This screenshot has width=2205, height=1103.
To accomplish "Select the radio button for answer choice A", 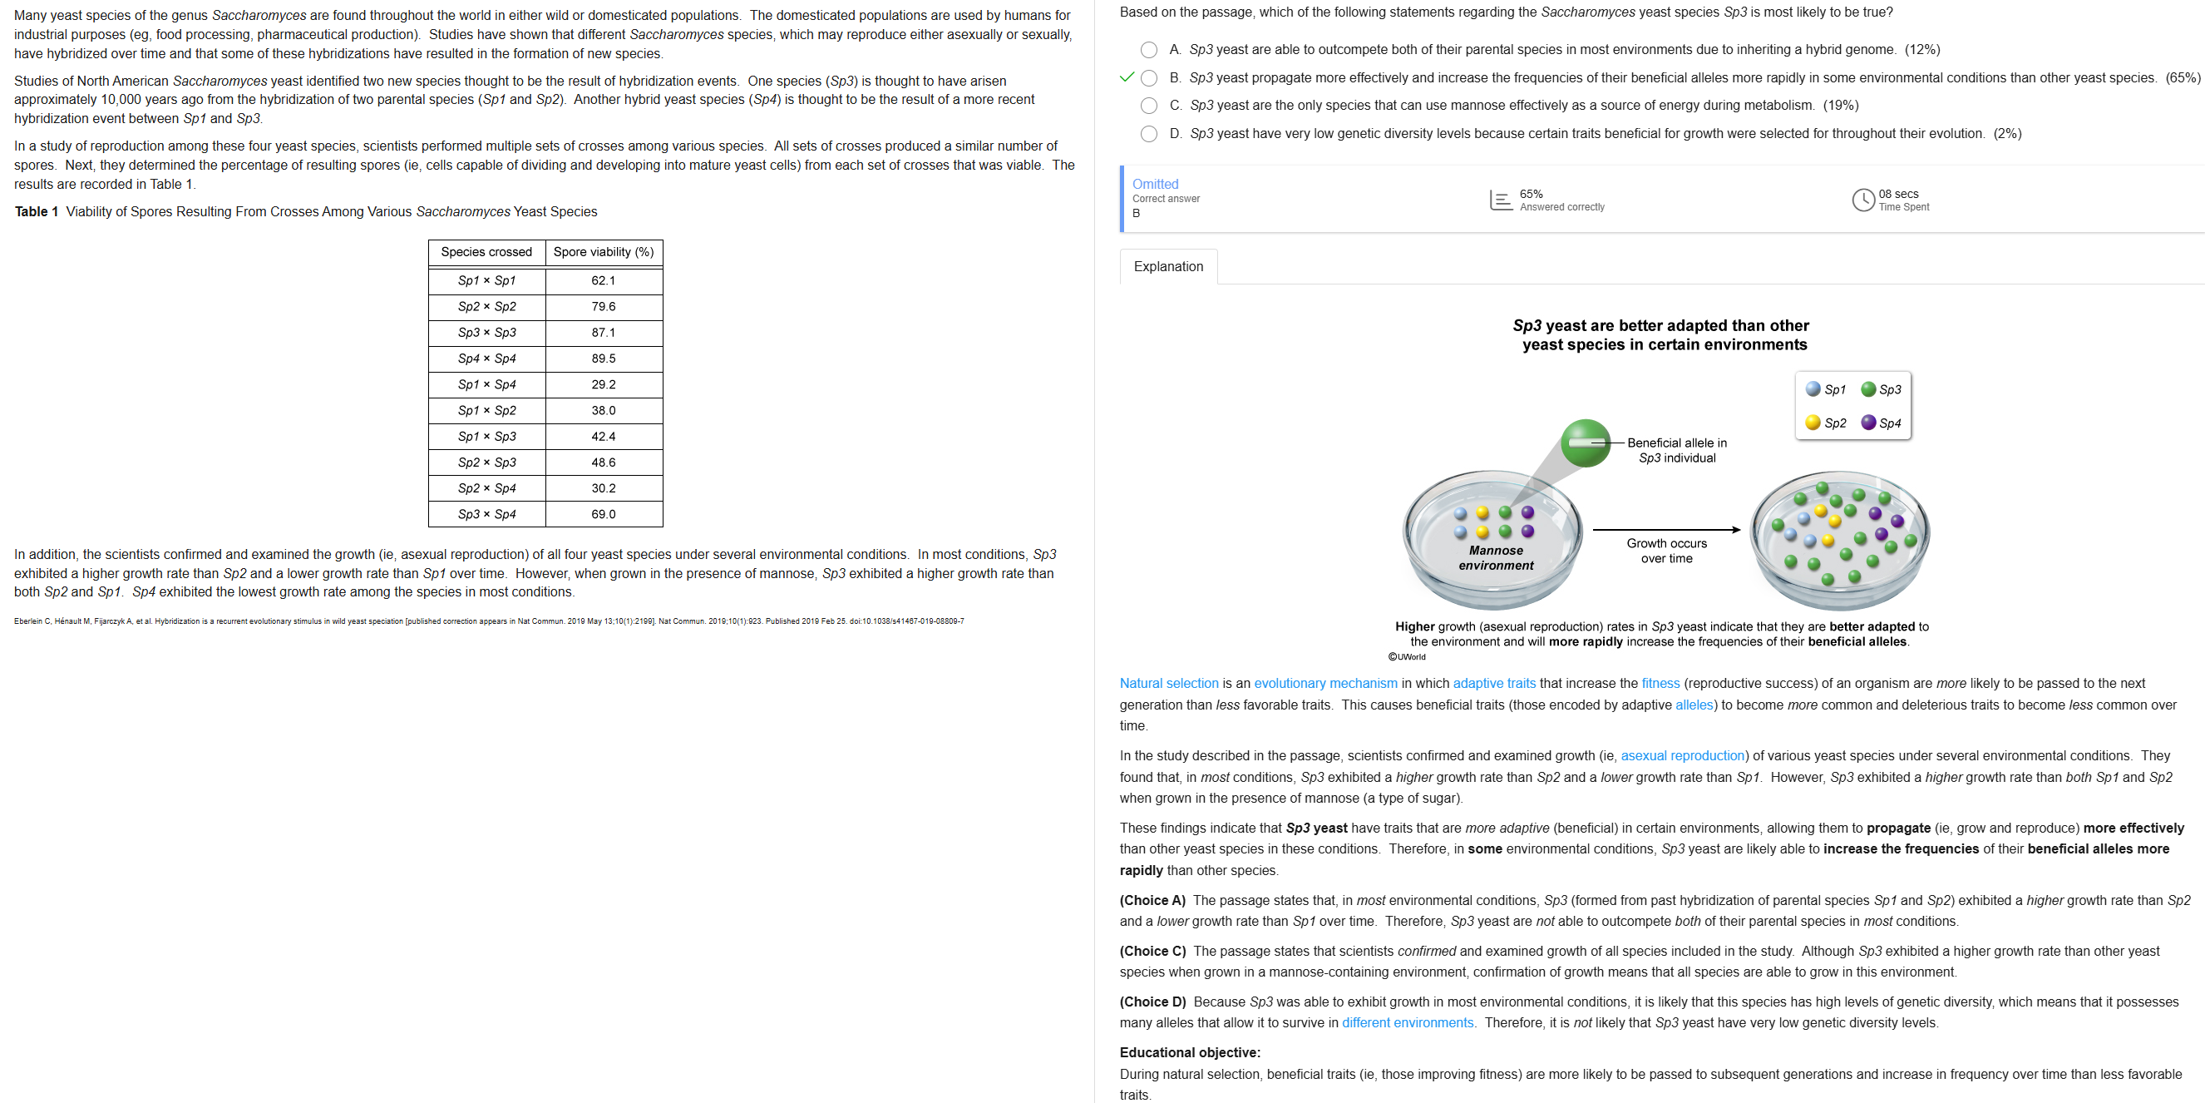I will click(x=1149, y=50).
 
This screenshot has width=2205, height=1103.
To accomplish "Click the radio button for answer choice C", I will click(x=1149, y=106).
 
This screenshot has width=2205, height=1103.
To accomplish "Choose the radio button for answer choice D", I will click(x=1149, y=134).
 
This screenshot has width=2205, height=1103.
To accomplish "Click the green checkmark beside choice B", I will click(x=1127, y=77).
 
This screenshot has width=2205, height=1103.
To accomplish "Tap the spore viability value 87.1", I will click(x=603, y=332).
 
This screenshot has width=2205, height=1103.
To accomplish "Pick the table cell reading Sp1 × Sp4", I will click(x=486, y=384).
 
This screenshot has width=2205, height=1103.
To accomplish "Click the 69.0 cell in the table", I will click(x=603, y=514).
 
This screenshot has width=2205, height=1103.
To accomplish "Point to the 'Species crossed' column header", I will click(x=486, y=252).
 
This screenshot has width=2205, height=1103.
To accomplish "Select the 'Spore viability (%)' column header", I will click(x=603, y=252).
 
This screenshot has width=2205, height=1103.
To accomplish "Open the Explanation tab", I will click(x=1167, y=266).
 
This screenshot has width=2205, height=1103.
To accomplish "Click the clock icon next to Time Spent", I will click(x=1862, y=200).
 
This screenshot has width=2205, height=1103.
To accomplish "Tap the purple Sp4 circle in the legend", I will click(x=1868, y=423).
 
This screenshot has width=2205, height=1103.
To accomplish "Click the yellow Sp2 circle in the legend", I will click(x=1812, y=423).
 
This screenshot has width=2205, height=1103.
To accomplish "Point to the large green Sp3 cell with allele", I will click(x=1586, y=443).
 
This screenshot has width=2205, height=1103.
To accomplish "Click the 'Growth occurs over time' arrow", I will click(x=1665, y=530).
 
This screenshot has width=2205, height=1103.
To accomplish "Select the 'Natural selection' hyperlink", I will click(x=1168, y=684).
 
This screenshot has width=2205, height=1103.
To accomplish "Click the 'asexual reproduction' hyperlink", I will click(x=1682, y=755).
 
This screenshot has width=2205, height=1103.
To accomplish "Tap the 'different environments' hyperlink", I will click(x=1408, y=1022).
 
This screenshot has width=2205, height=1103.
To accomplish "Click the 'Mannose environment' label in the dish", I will click(x=1496, y=557).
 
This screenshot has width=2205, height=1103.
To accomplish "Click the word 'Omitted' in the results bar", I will click(x=1155, y=184).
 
